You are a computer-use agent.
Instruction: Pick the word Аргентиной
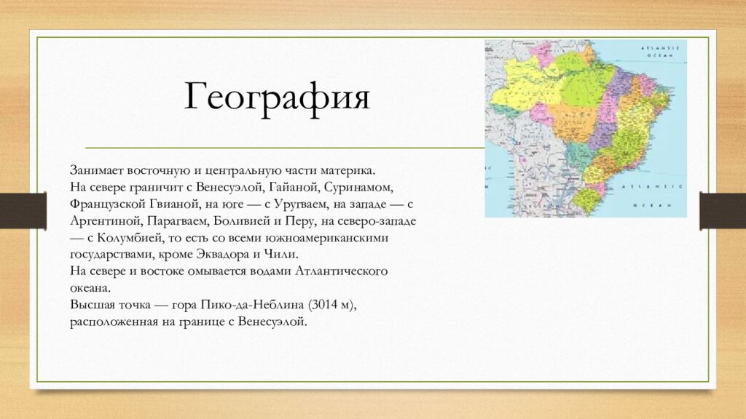tap(106, 220)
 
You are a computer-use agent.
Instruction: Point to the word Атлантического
tap(341, 271)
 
